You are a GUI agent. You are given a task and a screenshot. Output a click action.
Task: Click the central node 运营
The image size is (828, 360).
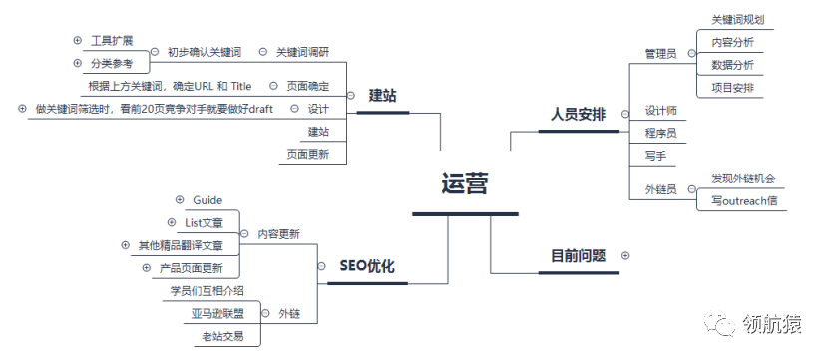[x=465, y=184]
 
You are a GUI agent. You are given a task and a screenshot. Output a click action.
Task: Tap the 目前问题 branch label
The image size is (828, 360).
[x=578, y=255]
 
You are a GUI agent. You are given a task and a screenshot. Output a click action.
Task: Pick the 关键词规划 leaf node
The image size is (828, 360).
[x=737, y=19]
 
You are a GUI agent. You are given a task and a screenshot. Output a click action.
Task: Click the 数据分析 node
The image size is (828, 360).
[x=732, y=65]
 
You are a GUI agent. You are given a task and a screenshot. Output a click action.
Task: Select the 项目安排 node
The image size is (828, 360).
[x=732, y=88]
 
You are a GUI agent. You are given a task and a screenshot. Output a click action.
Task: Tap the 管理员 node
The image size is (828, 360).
[x=660, y=53]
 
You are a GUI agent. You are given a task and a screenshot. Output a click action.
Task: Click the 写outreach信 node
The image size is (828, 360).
[x=743, y=200]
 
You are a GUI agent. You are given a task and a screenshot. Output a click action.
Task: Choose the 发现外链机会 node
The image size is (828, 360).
[x=743, y=179]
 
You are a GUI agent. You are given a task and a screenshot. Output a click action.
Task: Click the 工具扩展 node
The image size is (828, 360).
[x=112, y=40]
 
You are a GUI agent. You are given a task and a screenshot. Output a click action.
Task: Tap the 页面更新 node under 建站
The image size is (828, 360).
[x=308, y=154]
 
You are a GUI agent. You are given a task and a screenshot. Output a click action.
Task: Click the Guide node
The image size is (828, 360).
[x=207, y=200]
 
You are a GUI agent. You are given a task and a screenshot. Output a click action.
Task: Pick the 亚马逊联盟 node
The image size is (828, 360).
[x=217, y=313]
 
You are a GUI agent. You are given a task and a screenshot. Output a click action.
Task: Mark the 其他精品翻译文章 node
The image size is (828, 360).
[x=181, y=245]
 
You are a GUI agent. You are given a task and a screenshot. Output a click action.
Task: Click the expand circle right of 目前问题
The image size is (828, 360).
[x=625, y=255]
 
